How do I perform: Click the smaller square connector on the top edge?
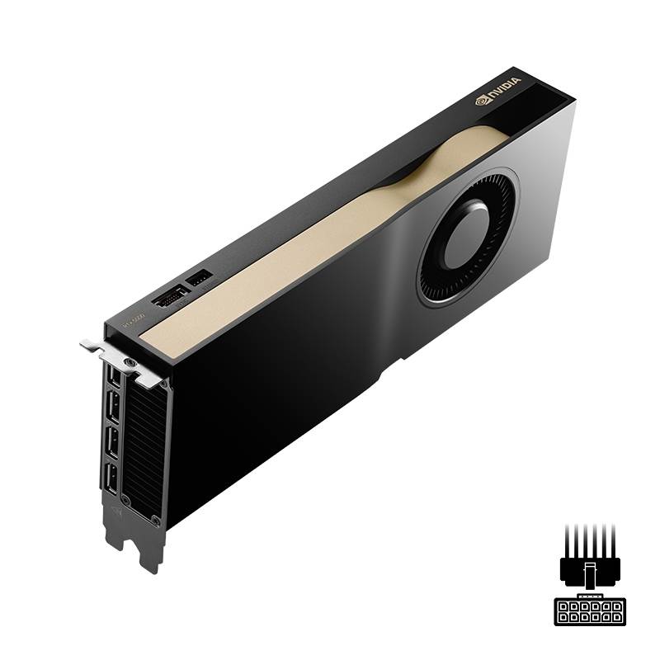[x=199, y=279]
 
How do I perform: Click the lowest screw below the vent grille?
[x=155, y=519]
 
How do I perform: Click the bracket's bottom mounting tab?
[x=149, y=557]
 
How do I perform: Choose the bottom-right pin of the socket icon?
[x=615, y=616]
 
